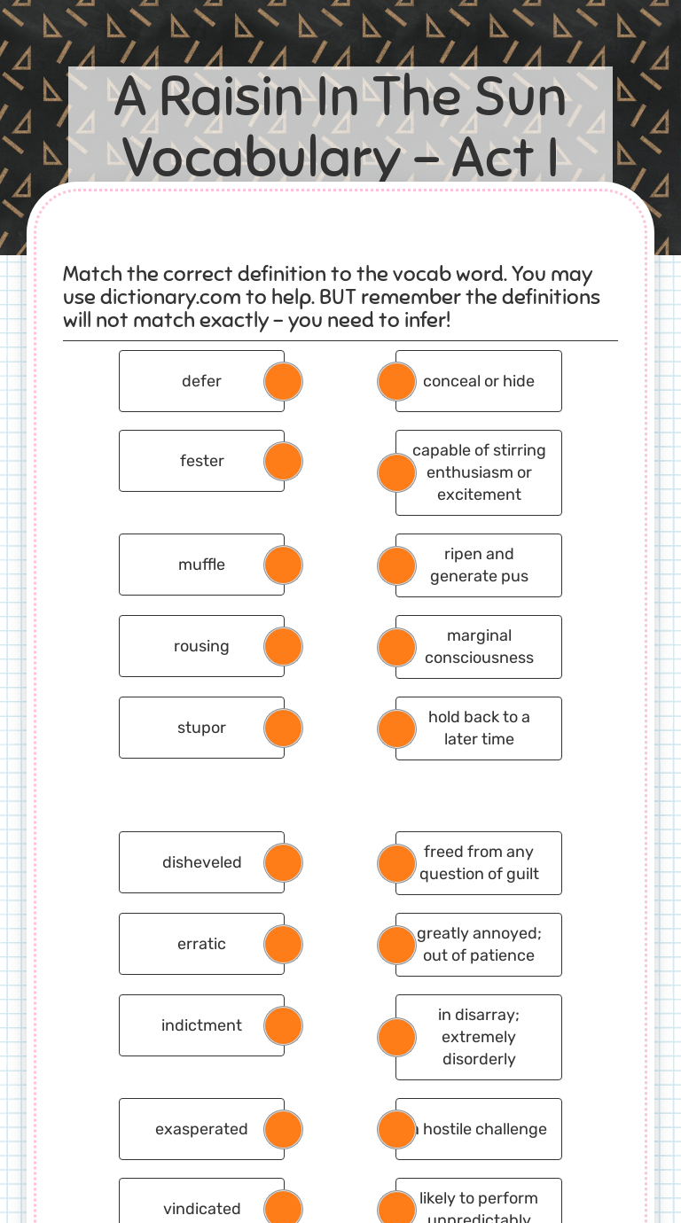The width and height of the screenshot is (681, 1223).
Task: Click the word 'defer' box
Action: [201, 381]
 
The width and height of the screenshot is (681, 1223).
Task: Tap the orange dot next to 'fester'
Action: [284, 462]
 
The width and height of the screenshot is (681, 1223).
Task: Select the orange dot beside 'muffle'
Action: [284, 565]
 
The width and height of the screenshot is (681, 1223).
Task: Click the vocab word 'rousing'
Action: [201, 646]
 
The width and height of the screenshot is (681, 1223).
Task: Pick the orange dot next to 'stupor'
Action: [284, 728]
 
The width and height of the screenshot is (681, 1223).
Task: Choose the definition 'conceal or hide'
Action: [479, 381]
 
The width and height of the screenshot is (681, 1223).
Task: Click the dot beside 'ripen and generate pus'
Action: [396, 565]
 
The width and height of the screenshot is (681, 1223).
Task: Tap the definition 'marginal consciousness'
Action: [479, 647]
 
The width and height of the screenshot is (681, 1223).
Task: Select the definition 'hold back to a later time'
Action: [479, 728]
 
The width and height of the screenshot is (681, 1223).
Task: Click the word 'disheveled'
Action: [201, 862]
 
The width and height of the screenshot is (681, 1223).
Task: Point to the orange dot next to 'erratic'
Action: [284, 944]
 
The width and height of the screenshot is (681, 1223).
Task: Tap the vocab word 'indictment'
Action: [201, 1025]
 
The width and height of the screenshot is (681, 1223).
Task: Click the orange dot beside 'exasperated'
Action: [284, 1129]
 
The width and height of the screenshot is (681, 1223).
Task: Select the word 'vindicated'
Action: [201, 1209]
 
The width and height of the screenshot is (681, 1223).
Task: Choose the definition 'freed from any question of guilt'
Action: [479, 862]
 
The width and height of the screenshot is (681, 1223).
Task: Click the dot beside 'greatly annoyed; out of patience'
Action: [396, 945]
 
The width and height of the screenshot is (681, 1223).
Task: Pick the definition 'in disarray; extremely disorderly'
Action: [479, 1037]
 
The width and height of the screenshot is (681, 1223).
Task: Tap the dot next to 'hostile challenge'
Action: [396, 1129]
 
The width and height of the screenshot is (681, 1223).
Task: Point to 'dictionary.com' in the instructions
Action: [169, 297]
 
